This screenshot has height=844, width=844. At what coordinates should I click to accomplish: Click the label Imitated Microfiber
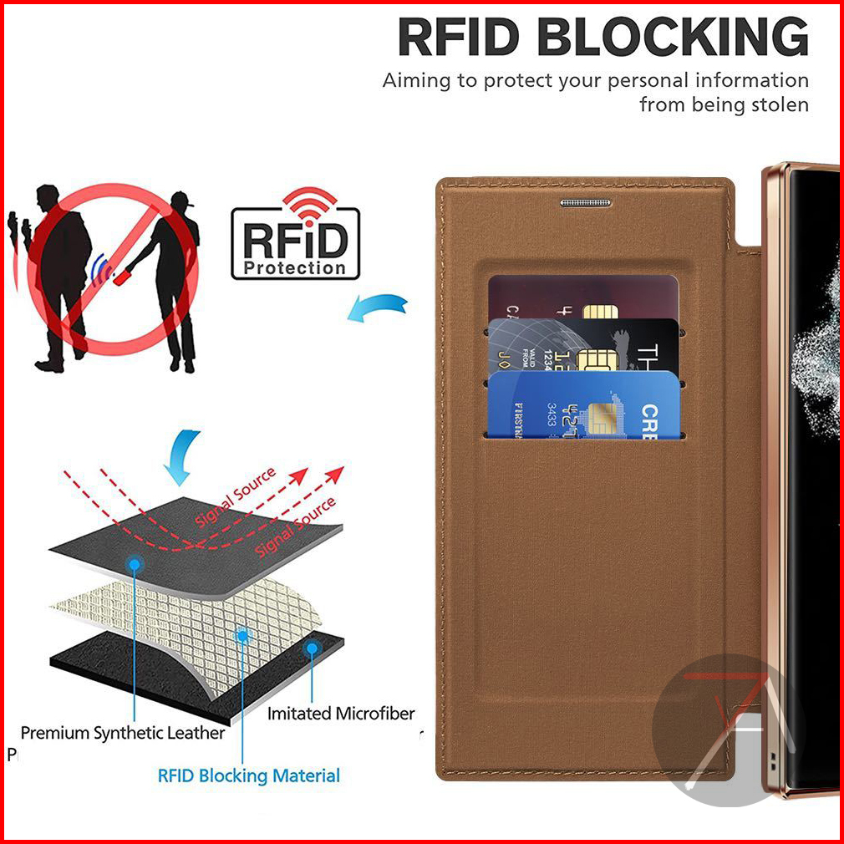[x=341, y=714]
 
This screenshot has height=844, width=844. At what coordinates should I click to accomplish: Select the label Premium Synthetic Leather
[x=123, y=733]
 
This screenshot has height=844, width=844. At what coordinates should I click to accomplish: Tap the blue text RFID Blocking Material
[x=248, y=775]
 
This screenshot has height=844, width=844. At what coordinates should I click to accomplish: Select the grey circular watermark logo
[x=728, y=730]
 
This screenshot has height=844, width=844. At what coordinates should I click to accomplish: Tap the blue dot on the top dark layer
[x=133, y=565]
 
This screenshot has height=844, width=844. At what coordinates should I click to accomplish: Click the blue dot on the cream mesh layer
[x=242, y=635]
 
